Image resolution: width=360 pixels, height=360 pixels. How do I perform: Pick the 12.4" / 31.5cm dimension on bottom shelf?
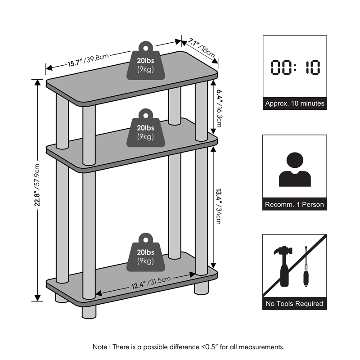tap(150, 283)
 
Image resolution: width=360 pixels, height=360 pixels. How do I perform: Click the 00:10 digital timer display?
tap(295, 67)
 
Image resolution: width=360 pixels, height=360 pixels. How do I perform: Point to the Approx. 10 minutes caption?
tap(295, 103)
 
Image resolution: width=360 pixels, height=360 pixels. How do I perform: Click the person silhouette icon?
tap(295, 170)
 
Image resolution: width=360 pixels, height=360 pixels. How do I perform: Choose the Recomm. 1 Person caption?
tap(295, 204)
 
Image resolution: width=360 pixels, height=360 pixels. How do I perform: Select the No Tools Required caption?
tap(295, 304)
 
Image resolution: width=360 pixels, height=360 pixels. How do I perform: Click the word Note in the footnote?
tap(100, 347)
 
